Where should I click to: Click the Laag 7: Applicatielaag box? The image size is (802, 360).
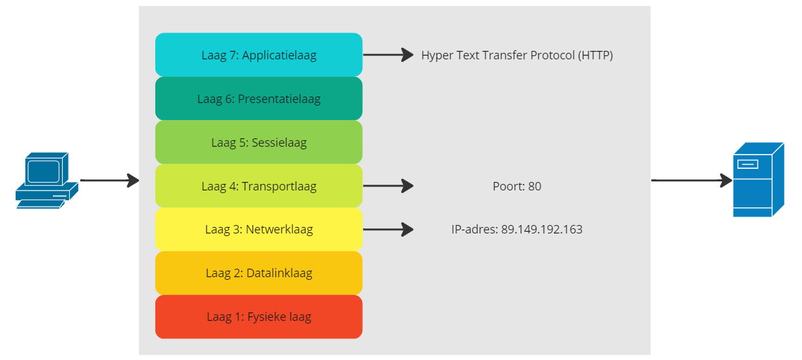coord(259,55)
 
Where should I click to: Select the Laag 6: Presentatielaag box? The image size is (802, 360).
coord(259,98)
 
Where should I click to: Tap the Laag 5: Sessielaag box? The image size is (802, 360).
coord(259,142)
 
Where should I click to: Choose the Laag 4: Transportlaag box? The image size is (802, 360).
coord(259,186)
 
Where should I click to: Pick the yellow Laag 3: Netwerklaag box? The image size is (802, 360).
coord(259,230)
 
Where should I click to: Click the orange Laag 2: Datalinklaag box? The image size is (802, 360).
coord(259,273)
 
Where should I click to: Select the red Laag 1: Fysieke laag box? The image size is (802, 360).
coord(259,317)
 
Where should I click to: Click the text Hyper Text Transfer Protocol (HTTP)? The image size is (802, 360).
coord(517,55)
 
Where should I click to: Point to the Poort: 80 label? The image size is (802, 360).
coord(517,186)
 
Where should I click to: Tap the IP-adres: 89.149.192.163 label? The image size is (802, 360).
coord(517,230)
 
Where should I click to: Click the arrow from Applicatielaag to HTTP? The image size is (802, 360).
coord(388,55)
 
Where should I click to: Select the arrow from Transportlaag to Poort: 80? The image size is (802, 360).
coord(388,186)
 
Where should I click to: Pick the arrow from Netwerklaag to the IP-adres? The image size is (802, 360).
coord(388,230)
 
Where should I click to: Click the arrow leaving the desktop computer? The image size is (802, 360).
coord(110,180)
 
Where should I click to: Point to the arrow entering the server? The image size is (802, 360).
coord(692,180)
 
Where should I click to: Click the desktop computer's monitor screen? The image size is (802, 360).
coord(43,172)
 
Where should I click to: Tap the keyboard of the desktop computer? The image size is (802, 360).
coord(41,204)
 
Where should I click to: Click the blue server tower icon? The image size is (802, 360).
coord(759,179)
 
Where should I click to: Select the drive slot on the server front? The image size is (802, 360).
coord(748,164)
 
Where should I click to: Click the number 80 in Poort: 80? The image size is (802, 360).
coord(534,186)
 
